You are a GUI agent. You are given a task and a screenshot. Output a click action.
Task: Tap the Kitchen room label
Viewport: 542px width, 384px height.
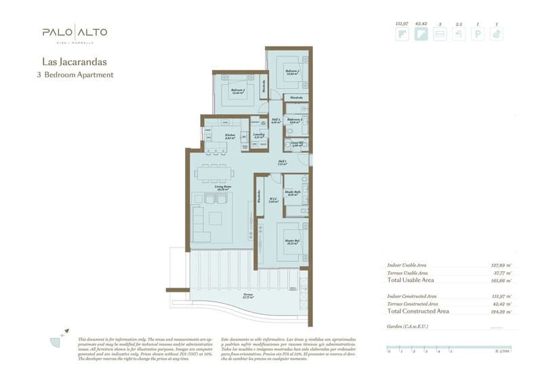point(230,136)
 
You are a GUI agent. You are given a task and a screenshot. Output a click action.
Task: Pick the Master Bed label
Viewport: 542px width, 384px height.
point(292,242)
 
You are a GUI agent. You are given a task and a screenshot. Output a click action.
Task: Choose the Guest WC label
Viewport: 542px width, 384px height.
point(296,144)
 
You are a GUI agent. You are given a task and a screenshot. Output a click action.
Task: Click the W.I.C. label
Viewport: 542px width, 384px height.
point(274,200)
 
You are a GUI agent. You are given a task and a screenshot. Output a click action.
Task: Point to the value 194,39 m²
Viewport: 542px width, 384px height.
point(501,311)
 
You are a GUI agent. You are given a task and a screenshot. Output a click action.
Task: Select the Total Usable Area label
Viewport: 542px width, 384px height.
point(410,280)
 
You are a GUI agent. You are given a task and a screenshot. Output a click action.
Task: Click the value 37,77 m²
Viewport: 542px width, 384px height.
point(501,272)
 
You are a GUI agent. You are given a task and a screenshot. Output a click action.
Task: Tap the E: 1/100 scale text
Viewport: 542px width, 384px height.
point(502,351)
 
